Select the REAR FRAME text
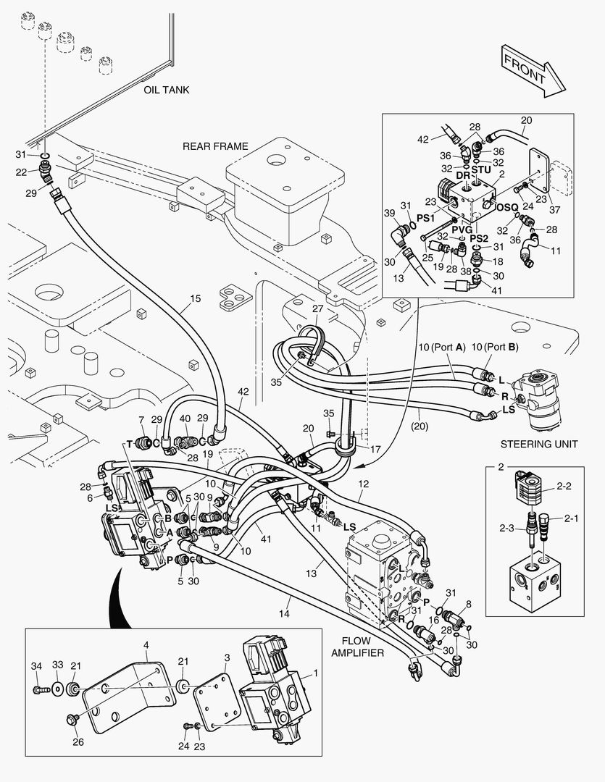215,146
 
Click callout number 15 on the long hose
195,298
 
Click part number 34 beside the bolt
36,665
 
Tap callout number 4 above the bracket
146,644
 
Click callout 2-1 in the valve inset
571,518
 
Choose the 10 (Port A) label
441,347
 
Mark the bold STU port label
482,170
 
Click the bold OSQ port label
506,207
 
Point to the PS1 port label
425,216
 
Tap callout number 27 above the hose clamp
317,309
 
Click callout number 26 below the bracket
77,741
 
